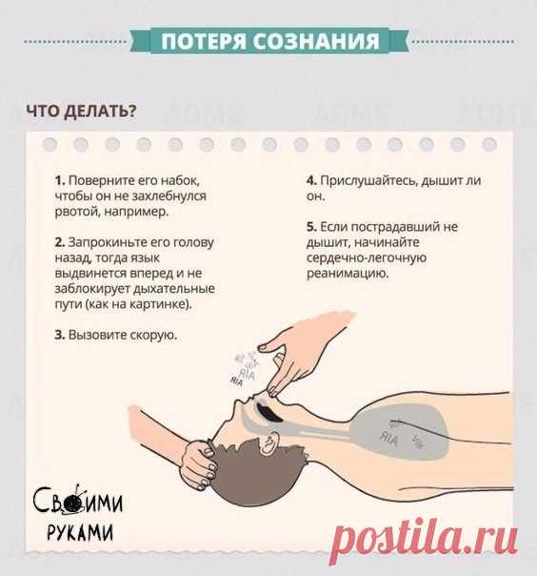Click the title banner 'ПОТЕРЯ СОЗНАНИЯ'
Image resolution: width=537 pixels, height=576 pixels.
pyautogui.click(x=270, y=40)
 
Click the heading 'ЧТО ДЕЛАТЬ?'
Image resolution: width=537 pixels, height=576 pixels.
pyautogui.click(x=82, y=111)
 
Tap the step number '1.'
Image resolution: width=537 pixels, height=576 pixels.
pyautogui.click(x=60, y=181)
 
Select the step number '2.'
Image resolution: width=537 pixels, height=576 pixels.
pyautogui.click(x=60, y=242)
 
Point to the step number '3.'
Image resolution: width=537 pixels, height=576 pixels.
pyautogui.click(x=60, y=335)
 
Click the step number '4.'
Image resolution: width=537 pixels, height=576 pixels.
pyautogui.click(x=311, y=181)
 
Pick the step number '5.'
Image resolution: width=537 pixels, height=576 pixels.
pyautogui.click(x=311, y=227)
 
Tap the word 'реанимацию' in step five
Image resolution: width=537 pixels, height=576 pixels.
pyautogui.click(x=348, y=274)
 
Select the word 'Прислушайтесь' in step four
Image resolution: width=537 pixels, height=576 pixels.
pyautogui.click(x=368, y=181)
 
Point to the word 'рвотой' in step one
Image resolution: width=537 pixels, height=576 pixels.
pyautogui.click(x=78, y=213)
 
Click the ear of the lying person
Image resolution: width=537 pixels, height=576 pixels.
pyautogui.click(x=269, y=442)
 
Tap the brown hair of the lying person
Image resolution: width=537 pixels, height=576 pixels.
pyautogui.click(x=257, y=474)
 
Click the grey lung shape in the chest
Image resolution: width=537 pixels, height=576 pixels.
pyautogui.click(x=400, y=434)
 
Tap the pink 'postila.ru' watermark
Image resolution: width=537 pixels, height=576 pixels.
pyautogui.click(x=424, y=541)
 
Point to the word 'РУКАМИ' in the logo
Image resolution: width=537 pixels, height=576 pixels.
pyautogui.click(x=81, y=532)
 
